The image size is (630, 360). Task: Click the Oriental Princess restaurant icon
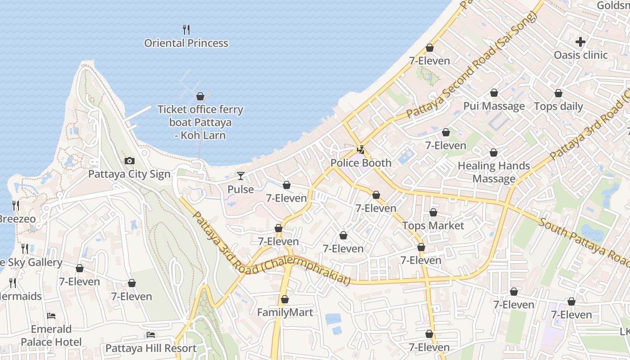pos(186,30)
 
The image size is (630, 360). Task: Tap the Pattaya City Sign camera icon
pos(129,161)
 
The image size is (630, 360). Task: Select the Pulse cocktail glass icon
pos(241,176)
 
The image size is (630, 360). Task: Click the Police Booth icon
pos(360,149)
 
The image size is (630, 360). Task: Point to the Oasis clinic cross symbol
pos(580,42)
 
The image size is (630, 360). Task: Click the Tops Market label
pos(433,225)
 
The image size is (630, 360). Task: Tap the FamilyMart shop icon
pos(284,299)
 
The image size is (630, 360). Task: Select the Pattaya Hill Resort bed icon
pos(151,335)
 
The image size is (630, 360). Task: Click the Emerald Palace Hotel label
pos(51,336)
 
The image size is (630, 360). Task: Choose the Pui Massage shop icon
pos(494,93)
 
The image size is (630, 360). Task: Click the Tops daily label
pos(558,107)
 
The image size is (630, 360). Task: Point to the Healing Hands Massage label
pos(494,172)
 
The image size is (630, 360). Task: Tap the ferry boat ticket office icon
pos(200,96)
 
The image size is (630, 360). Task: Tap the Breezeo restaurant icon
pos(16,206)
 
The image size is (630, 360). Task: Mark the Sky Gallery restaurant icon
pos(25,248)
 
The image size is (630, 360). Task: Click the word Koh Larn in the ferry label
pos(204,135)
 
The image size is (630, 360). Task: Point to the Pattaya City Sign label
pos(129,174)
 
